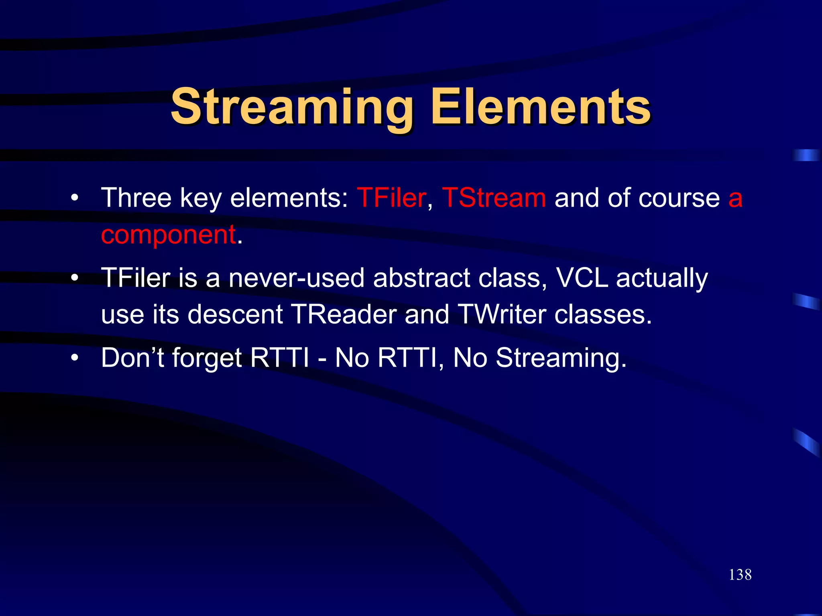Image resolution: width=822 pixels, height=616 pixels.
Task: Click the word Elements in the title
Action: click(x=540, y=107)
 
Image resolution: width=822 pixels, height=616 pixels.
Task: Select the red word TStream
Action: click(x=494, y=198)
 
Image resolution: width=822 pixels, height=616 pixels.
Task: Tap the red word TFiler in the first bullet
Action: click(x=391, y=198)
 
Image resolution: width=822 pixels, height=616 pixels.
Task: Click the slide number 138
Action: click(x=740, y=575)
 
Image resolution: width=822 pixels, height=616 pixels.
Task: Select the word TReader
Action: click(x=344, y=314)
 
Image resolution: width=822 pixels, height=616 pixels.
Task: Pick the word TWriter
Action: click(x=501, y=314)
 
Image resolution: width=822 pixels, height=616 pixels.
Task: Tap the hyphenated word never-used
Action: click(x=296, y=278)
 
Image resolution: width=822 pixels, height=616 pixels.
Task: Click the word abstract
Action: click(x=421, y=278)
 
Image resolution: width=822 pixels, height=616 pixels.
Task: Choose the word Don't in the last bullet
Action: click(x=132, y=357)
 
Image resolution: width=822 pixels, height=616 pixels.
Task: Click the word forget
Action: click(x=207, y=358)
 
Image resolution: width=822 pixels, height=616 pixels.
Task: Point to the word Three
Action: click(x=136, y=198)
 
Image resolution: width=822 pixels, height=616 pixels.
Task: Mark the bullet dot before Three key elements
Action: click(x=74, y=198)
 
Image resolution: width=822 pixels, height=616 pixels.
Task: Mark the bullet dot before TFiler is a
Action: click(x=74, y=278)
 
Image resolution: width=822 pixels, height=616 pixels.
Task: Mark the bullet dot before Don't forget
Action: click(x=74, y=358)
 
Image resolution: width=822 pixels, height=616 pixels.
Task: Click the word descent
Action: click(x=236, y=314)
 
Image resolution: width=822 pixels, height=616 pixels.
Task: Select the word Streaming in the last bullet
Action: click(x=561, y=358)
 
